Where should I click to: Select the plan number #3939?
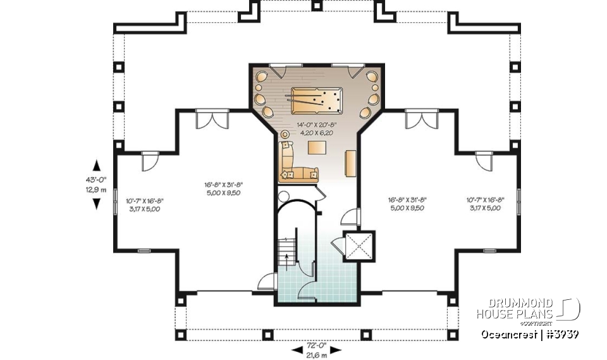[x=560, y=334]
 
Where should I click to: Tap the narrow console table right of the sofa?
[x=350, y=163]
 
